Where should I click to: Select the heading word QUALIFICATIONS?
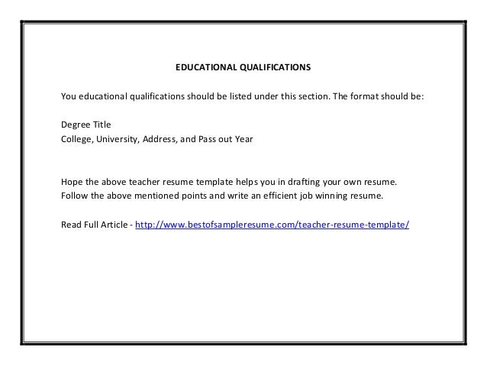point(272,67)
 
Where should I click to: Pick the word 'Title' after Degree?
point(102,125)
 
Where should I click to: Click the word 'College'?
point(76,140)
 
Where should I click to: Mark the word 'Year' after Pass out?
point(242,140)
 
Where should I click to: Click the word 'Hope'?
point(71,183)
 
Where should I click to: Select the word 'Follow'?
point(73,196)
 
